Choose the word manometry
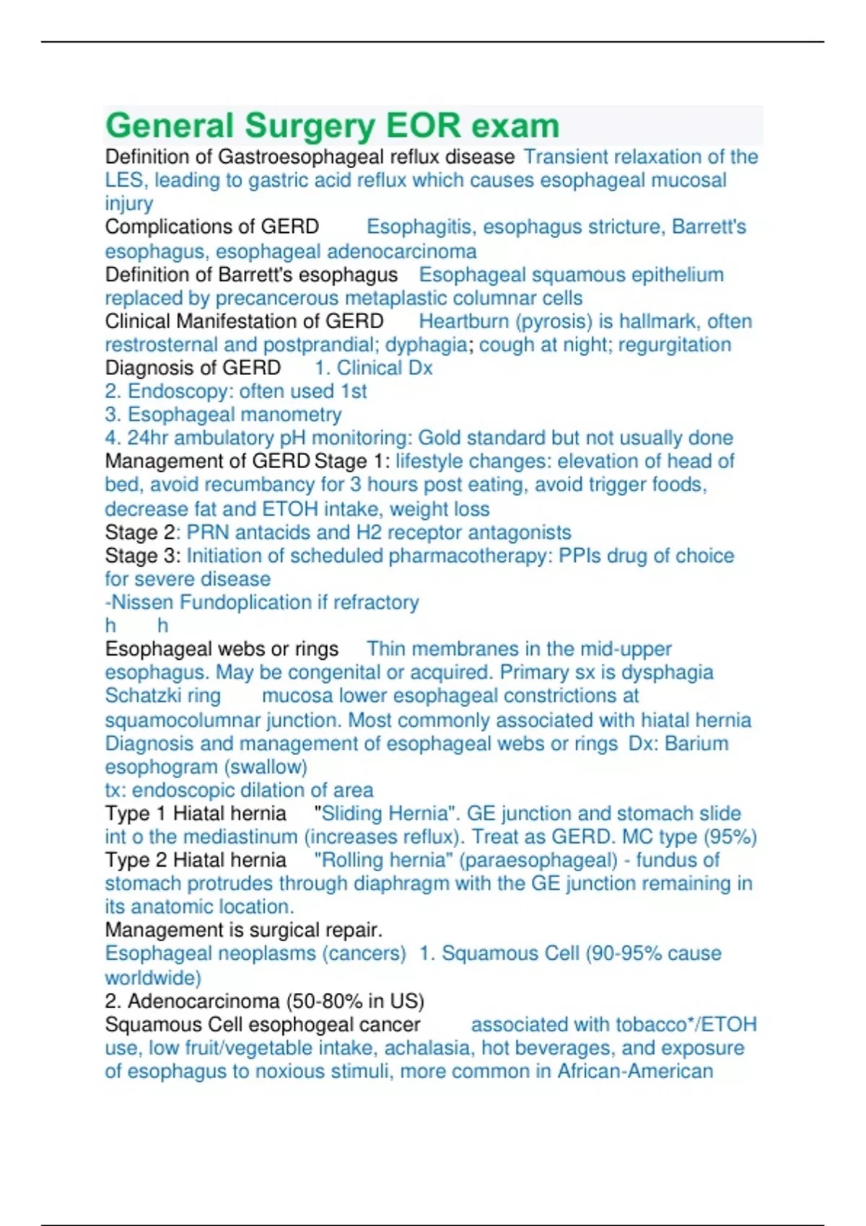(294, 415)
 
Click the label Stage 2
(141, 533)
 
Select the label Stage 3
(141, 556)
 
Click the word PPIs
(579, 556)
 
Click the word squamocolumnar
(183, 720)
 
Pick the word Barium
(696, 744)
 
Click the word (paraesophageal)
(538, 860)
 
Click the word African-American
(635, 1071)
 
